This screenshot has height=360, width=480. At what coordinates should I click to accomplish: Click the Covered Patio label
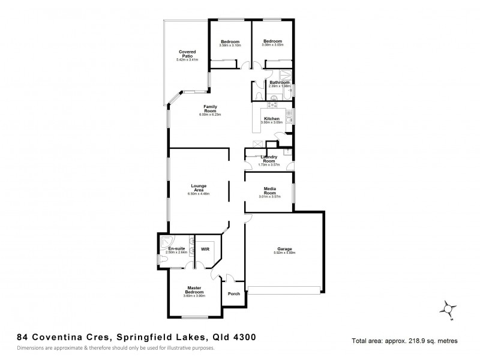187,55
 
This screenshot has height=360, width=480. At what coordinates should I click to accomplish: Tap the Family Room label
209,109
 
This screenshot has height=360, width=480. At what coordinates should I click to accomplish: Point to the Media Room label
269,190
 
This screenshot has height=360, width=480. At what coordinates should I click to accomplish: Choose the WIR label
205,248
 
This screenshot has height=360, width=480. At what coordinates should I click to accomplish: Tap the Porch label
234,293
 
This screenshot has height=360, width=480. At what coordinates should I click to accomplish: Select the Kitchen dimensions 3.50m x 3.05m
272,122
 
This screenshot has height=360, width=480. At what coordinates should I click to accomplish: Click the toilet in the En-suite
161,259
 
